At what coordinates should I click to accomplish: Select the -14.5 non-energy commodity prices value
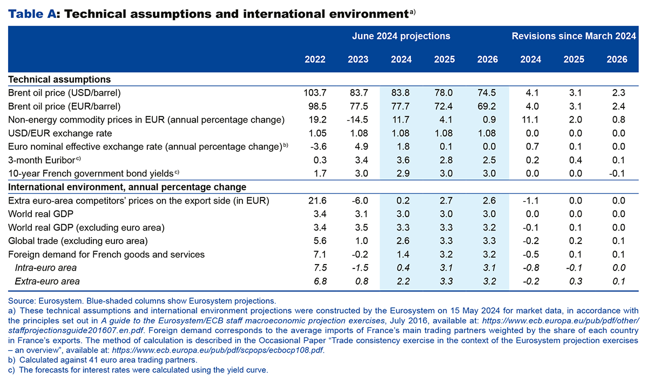pyautogui.click(x=356, y=119)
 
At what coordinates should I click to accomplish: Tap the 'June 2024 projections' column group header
pyautogui.click(x=401, y=36)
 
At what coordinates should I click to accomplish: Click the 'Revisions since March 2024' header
pyautogui.click(x=574, y=36)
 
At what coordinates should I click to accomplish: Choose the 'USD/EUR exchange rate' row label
pyautogui.click(x=52, y=133)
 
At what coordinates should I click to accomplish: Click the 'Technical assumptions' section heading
pyautogui.click(x=59, y=79)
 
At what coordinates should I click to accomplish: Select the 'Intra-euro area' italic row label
pyautogui.click(x=46, y=268)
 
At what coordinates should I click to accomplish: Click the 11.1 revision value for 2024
pyautogui.click(x=531, y=119)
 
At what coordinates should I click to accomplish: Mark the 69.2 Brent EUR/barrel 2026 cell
pyautogui.click(x=488, y=106)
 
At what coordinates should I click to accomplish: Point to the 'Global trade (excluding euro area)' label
pyautogui.click(x=78, y=241)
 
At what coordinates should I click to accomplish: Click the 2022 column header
pyautogui.click(x=315, y=59)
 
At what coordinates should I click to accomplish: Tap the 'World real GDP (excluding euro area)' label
pyautogui.click(x=86, y=227)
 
